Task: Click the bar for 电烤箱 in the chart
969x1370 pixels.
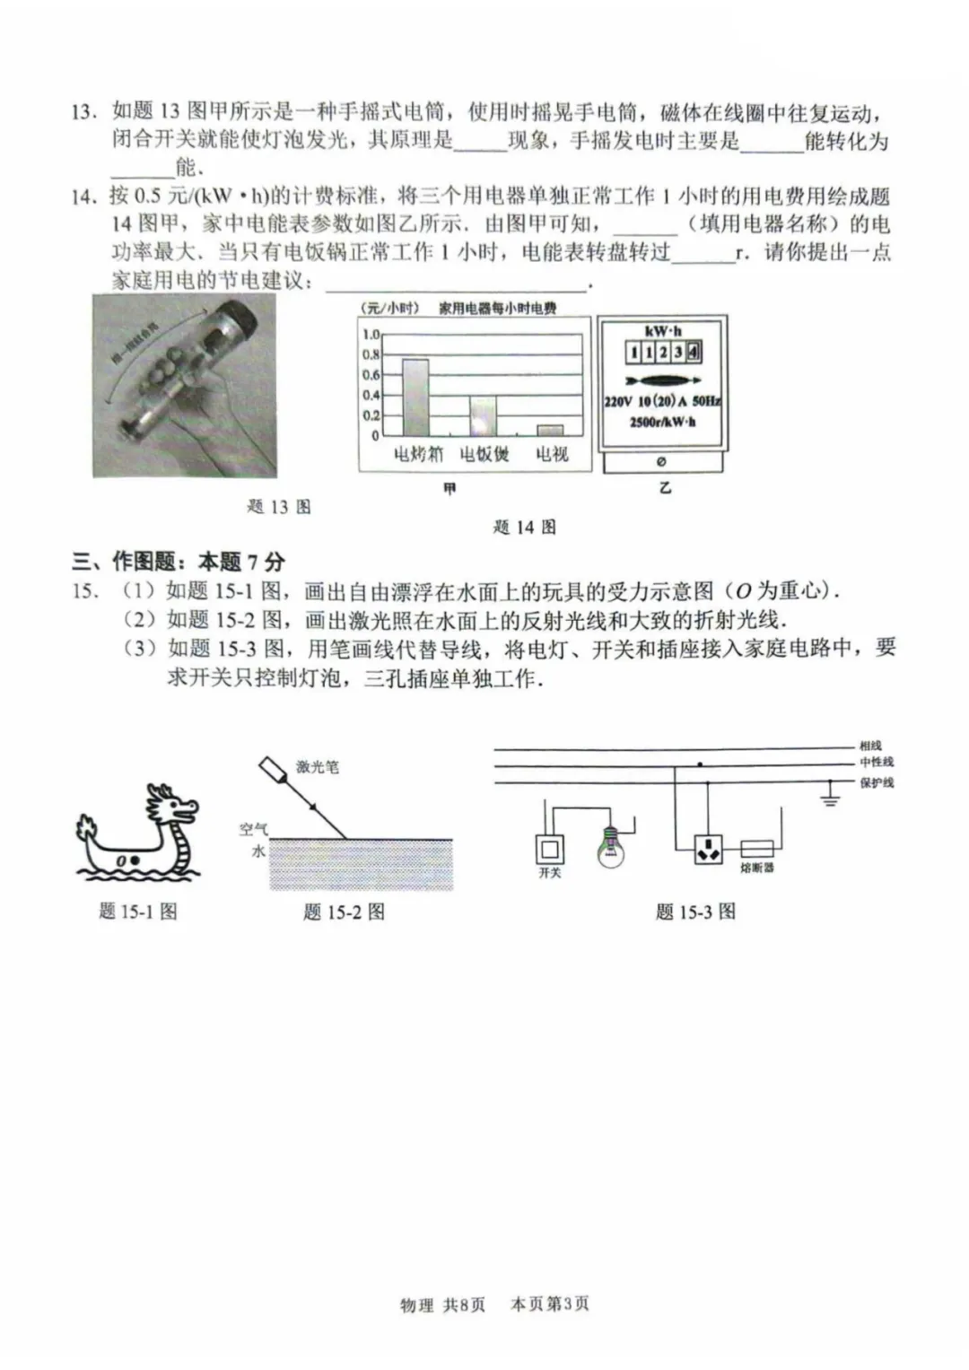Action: [415, 397]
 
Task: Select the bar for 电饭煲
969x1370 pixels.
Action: [483, 416]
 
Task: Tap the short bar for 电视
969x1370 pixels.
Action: [550, 430]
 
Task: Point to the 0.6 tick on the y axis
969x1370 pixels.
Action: [371, 375]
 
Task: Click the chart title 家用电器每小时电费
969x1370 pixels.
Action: [497, 309]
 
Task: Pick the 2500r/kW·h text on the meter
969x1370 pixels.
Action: [662, 422]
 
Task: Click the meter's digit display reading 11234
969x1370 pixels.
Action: [663, 353]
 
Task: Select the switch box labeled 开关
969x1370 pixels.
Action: [549, 848]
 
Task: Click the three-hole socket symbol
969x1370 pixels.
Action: [708, 849]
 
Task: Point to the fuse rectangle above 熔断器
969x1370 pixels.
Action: [757, 848]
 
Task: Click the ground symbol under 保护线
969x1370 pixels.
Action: [830, 797]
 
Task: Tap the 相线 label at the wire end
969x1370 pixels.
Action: [870, 746]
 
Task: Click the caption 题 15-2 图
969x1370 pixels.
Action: [344, 912]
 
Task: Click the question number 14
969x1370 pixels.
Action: [83, 196]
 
